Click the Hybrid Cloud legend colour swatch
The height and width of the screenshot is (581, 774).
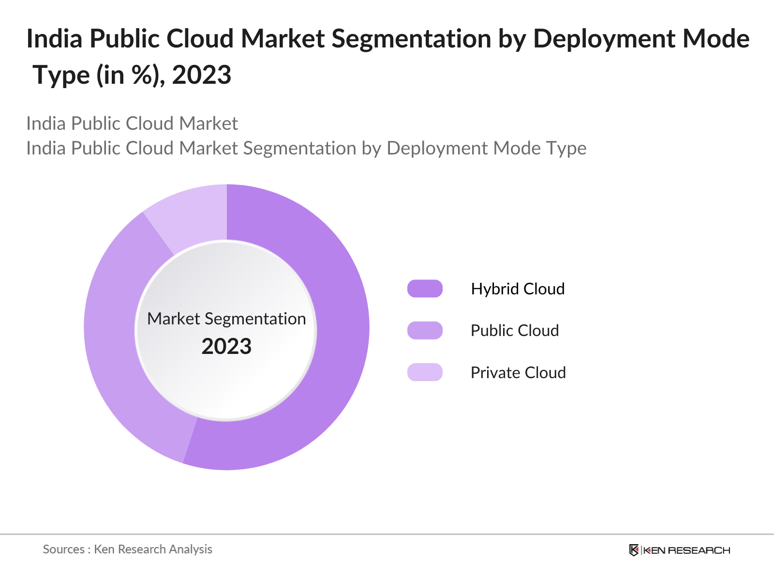pyautogui.click(x=425, y=289)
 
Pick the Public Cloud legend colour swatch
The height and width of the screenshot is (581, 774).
pyautogui.click(x=425, y=331)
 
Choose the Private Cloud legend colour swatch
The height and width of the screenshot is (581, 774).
pyautogui.click(x=425, y=372)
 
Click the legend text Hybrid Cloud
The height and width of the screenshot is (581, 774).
pyautogui.click(x=518, y=289)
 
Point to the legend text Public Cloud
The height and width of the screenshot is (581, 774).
pyautogui.click(x=515, y=331)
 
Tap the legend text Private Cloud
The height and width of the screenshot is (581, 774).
pyautogui.click(x=518, y=373)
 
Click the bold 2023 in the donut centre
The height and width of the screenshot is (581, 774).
pyautogui.click(x=226, y=347)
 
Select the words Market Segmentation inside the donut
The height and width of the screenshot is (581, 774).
pyautogui.click(x=226, y=319)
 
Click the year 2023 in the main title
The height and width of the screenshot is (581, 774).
pyautogui.click(x=201, y=76)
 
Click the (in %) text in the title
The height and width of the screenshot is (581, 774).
pyautogui.click(x=130, y=76)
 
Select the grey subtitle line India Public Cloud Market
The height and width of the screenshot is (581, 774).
pyautogui.click(x=132, y=123)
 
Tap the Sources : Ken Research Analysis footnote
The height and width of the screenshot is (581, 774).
pyautogui.click(x=128, y=549)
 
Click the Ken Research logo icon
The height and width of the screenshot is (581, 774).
pyautogui.click(x=634, y=550)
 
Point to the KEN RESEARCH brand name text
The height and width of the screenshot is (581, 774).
pyautogui.click(x=686, y=550)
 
